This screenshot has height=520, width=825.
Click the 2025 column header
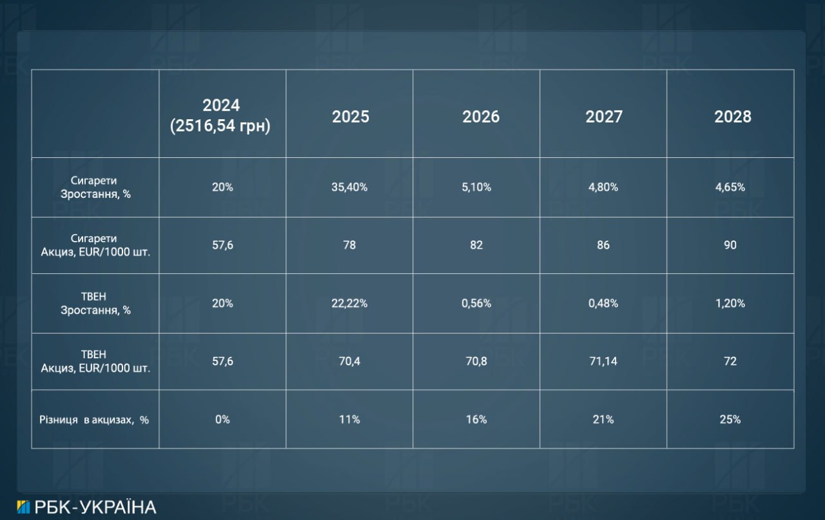click(351, 116)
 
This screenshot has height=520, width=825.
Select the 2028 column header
click(733, 116)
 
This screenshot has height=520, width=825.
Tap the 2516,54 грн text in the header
click(220, 126)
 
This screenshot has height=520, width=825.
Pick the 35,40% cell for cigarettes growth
click(351, 187)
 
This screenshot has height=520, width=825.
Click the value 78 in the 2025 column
click(350, 245)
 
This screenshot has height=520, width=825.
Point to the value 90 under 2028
click(730, 245)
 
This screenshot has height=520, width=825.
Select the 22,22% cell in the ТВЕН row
click(351, 303)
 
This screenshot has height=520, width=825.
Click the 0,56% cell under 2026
click(477, 303)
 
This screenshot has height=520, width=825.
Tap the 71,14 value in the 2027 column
click(603, 361)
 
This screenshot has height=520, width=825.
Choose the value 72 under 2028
click(730, 361)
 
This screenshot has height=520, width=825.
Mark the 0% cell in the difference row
click(222, 419)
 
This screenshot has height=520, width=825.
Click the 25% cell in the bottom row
click(730, 419)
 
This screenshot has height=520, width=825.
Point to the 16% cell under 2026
click(477, 419)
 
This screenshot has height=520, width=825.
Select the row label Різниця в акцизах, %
click(94, 419)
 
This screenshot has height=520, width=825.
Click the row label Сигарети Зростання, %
click(95, 187)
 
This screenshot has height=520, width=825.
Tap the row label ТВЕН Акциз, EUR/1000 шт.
click(95, 361)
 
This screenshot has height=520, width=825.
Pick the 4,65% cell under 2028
click(730, 187)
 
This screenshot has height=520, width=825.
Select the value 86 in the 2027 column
click(603, 245)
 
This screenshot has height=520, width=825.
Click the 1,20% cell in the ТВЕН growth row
click(730, 303)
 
